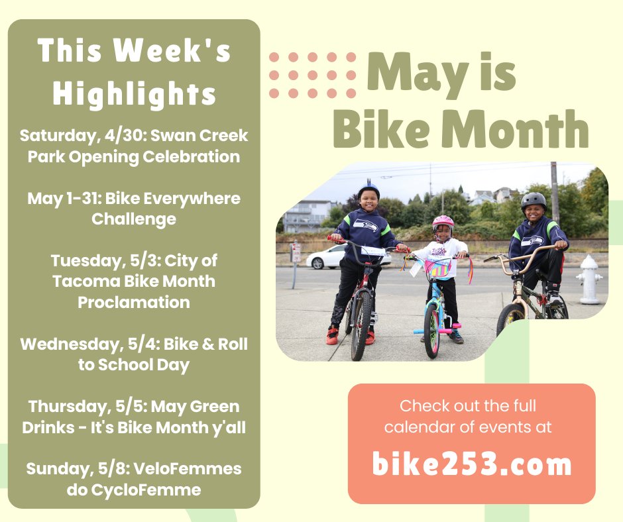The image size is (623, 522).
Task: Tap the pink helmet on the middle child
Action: click(x=443, y=223)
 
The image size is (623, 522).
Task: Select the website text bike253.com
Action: click(x=471, y=464)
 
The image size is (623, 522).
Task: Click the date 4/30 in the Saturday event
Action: click(x=130, y=136)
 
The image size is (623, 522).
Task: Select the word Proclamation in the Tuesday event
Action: click(x=134, y=302)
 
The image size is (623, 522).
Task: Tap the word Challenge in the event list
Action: click(x=134, y=219)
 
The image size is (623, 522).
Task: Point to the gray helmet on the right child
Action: click(x=533, y=200)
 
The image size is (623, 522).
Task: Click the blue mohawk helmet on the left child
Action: click(x=368, y=190)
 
